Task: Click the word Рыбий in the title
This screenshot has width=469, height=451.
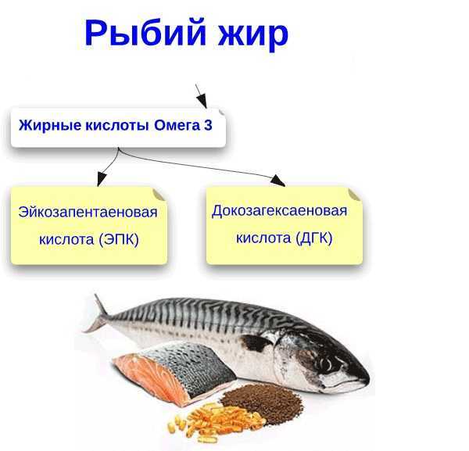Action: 145,34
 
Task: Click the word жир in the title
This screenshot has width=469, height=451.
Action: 253,35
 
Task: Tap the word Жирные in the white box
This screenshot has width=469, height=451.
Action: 50,125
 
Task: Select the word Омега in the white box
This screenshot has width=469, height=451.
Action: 177,125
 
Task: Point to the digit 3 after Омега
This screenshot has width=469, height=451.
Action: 208,125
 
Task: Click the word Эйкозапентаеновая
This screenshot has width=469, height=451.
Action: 88,212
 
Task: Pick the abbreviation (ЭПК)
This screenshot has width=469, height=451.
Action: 119,239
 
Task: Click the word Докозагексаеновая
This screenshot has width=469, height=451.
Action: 279,211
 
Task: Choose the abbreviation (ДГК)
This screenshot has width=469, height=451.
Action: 314,238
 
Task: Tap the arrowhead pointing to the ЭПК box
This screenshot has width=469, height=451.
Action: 101,179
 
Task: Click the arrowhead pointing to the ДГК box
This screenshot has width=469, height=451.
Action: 277,181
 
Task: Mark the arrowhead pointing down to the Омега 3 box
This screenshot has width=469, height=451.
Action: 202,100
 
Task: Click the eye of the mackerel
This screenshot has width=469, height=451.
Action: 326,363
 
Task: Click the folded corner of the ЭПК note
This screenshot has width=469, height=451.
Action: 159,195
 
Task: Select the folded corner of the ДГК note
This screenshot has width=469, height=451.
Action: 355,195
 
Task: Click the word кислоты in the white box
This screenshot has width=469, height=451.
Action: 117,125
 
